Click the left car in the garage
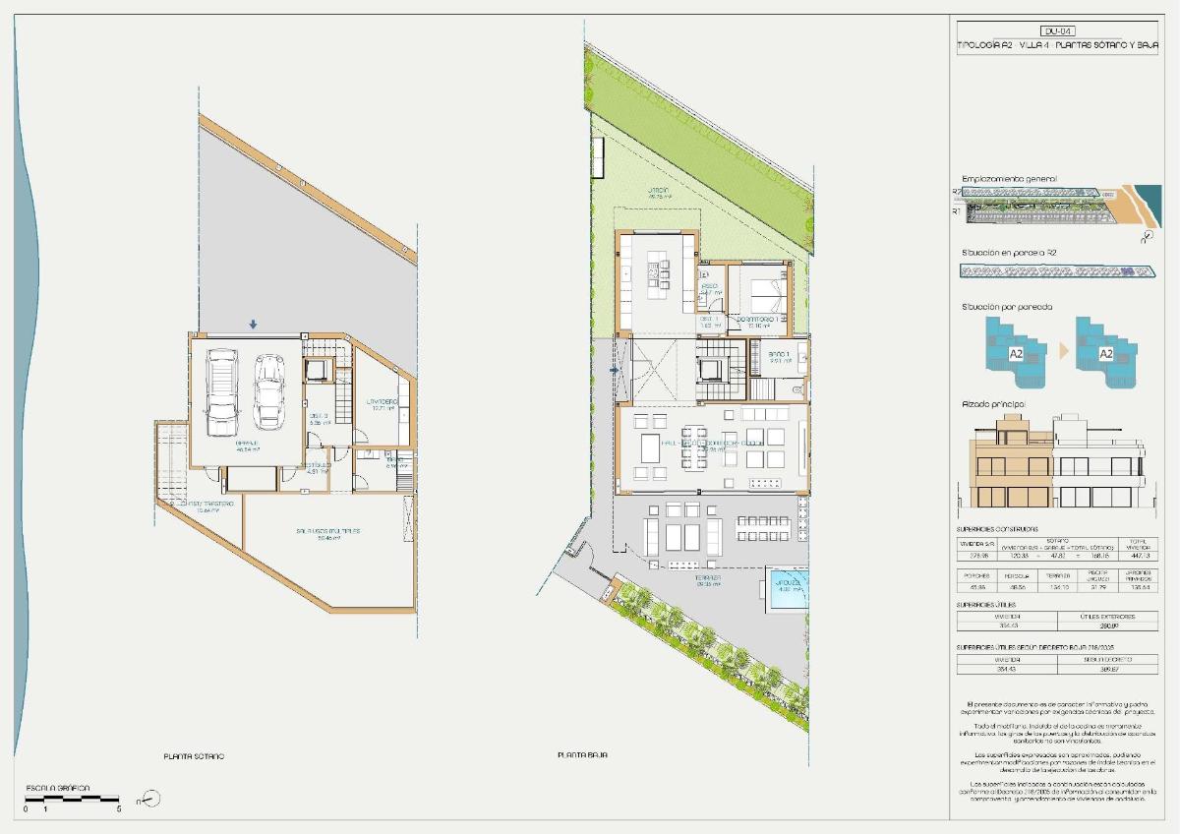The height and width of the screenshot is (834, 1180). click(222, 392)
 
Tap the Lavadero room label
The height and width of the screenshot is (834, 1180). click(382, 402)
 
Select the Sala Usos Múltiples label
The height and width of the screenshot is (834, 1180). click(327, 531)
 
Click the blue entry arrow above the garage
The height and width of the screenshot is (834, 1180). click(253, 324)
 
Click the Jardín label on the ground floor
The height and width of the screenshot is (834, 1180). click(658, 190)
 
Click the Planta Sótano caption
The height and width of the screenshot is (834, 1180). click(194, 755)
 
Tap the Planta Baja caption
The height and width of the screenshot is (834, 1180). click(582, 755)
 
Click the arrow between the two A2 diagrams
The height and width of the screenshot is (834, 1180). click(1061, 350)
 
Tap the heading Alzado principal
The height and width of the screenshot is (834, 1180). click(993, 404)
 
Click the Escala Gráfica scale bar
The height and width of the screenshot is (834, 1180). click(72, 799)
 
